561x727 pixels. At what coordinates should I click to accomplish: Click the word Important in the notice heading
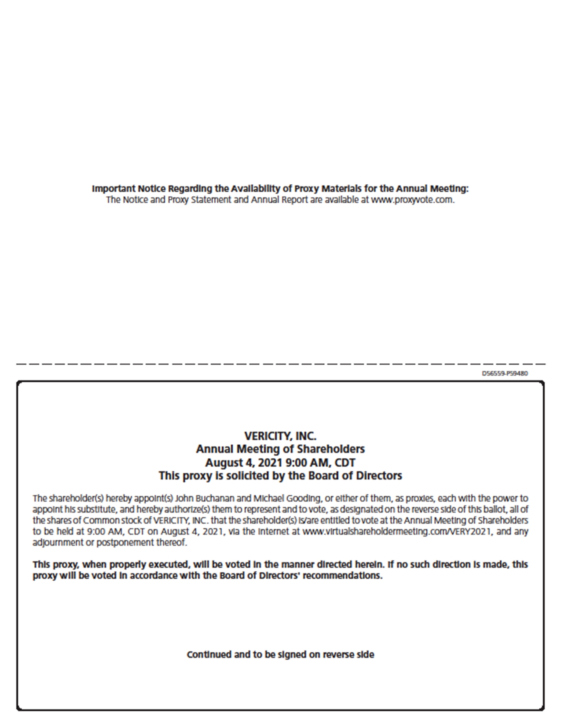click(114, 189)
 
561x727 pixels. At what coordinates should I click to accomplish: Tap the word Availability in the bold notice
click(255, 189)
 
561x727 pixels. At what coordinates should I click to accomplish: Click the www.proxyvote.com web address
click(412, 200)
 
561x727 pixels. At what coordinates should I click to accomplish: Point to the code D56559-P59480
click(504, 373)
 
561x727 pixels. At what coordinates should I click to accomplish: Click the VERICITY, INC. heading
click(280, 436)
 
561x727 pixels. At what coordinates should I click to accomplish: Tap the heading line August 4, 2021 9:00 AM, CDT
click(280, 463)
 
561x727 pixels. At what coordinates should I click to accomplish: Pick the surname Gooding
click(304, 499)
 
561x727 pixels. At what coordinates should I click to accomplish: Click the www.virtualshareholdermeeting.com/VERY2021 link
click(399, 531)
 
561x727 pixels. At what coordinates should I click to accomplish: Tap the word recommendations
click(342, 576)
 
